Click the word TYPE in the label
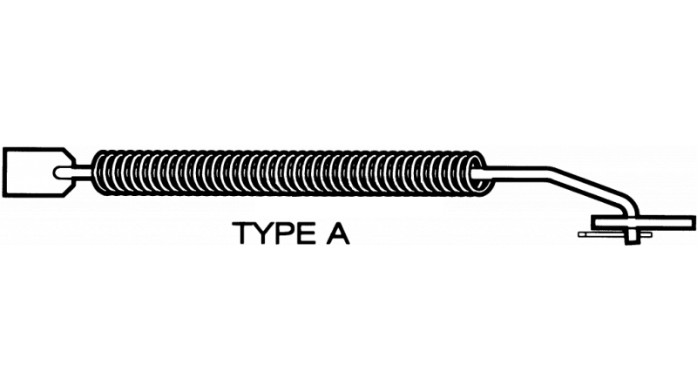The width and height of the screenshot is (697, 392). click(x=273, y=233)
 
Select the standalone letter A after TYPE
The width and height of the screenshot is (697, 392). click(x=338, y=233)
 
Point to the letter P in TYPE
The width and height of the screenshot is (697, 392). click(x=285, y=233)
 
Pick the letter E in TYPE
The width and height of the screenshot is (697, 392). click(x=304, y=233)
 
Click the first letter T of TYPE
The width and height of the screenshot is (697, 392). click(x=244, y=233)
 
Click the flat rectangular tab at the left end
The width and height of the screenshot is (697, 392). click(x=38, y=172)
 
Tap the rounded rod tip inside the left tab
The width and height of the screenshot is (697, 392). click(x=57, y=172)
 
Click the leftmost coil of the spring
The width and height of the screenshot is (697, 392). click(x=100, y=172)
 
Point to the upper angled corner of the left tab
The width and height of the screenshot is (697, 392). click(x=65, y=148)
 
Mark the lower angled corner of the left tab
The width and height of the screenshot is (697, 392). click(x=65, y=195)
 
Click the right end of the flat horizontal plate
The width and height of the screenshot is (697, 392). click(x=694, y=222)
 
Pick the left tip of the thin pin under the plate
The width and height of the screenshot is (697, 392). click(x=579, y=234)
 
